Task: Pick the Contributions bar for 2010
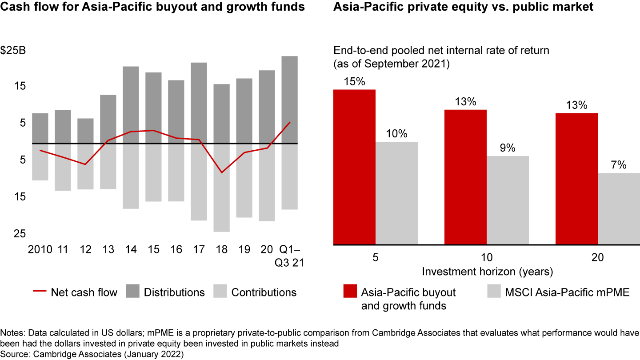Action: [40, 162]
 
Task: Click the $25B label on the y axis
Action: [14, 50]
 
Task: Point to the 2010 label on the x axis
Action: [40, 249]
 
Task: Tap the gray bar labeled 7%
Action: [618, 208]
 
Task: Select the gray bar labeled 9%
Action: [508, 200]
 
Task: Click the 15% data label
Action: [354, 82]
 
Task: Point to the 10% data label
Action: [396, 134]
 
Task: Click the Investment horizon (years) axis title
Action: [487, 271]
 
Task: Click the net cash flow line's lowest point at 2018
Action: [221, 172]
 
